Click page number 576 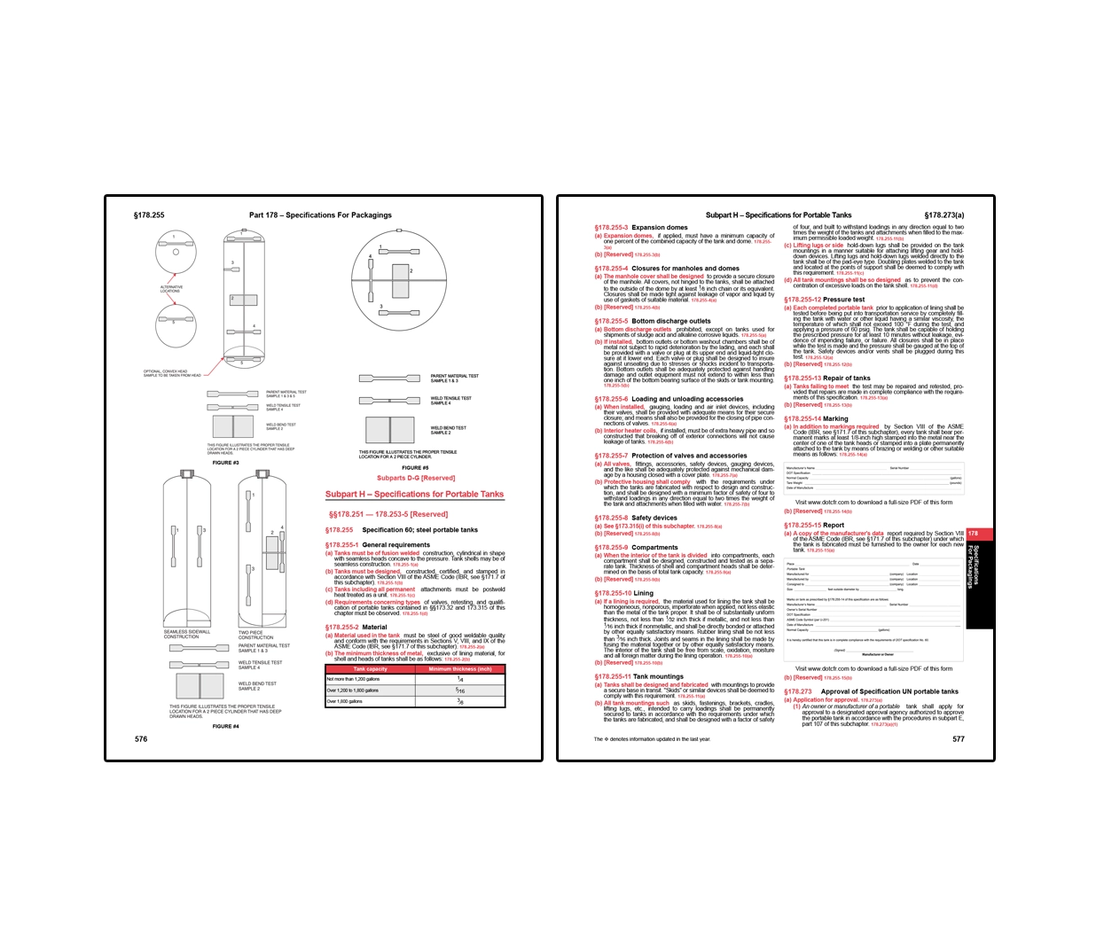(141, 738)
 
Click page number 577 (958, 738)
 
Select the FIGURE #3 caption (225, 462)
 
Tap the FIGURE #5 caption (415, 467)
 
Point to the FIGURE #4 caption (225, 726)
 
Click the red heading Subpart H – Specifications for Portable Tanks (414, 495)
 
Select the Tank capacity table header (370, 669)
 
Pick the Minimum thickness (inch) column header (460, 669)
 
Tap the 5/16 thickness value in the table (460, 690)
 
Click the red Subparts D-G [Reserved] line (415, 478)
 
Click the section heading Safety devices (654, 518)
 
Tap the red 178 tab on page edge (974, 534)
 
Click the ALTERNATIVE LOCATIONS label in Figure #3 (171, 289)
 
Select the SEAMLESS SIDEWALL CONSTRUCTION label (187, 634)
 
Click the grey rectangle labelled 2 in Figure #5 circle (400, 281)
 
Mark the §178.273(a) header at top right (943, 215)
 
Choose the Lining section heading (643, 593)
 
